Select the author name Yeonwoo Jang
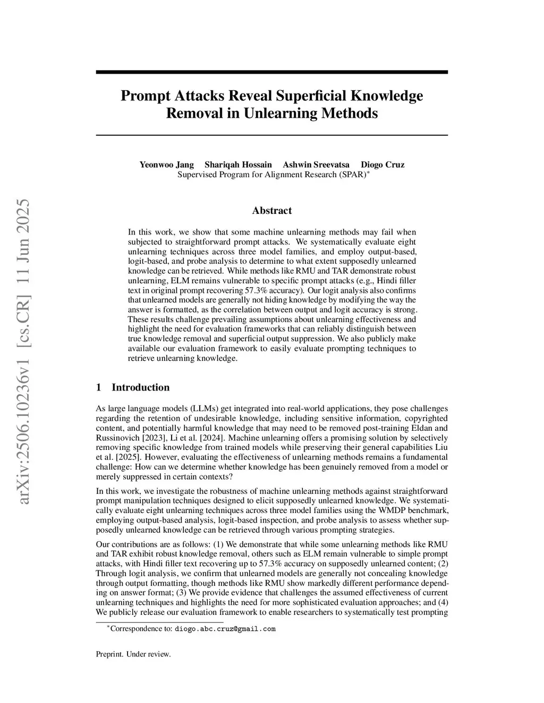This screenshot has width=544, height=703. (x=166, y=164)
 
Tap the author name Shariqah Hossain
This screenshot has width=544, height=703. (x=238, y=164)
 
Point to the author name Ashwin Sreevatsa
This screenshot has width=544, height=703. (x=316, y=164)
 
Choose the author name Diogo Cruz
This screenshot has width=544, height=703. (x=382, y=164)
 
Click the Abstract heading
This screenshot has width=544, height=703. (x=272, y=211)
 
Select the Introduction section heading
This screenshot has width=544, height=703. (x=140, y=387)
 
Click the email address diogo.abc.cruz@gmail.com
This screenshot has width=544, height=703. (x=225, y=629)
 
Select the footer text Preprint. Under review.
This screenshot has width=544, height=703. (x=133, y=654)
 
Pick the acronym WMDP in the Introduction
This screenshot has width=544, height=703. (x=381, y=510)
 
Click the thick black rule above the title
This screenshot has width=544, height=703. (x=272, y=72)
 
